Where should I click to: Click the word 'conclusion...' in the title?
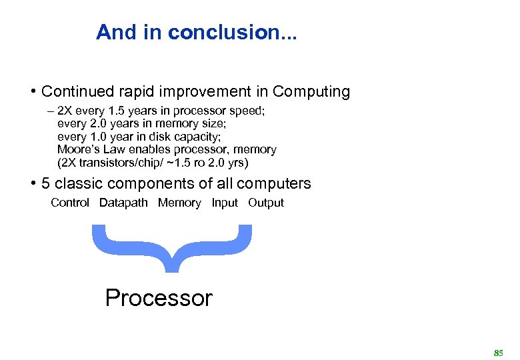pos(233,32)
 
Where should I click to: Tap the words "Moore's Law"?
pos(89,150)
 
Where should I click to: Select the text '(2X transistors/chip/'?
pos(110,163)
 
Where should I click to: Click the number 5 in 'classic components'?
pos(45,183)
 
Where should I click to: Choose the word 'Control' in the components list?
pos(70,203)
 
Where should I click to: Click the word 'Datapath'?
pos(123,203)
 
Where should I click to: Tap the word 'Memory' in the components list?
pos(179,203)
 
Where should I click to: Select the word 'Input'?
pos(225,203)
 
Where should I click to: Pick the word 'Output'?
pos(266,203)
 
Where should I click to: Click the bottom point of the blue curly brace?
pos(171,270)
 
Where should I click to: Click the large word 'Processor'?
pos(159,297)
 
